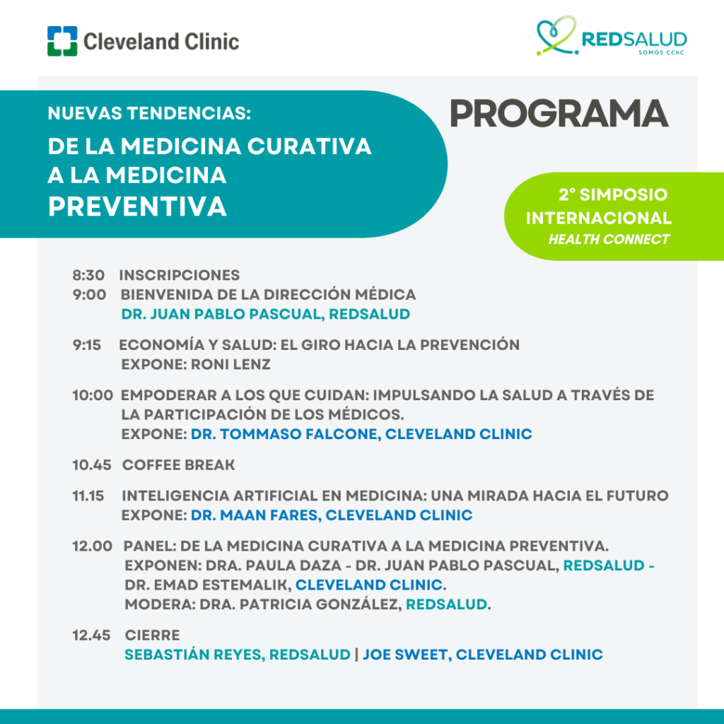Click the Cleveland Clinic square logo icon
(62, 41)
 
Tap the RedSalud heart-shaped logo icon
(557, 35)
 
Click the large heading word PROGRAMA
(559, 114)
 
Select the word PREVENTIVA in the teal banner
(137, 206)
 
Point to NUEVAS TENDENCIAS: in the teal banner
(149, 113)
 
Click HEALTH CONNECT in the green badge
(609, 239)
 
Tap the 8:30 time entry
(88, 275)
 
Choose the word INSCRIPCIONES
(180, 275)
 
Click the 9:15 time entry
(87, 345)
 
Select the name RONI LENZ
(231, 364)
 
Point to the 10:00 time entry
(93, 395)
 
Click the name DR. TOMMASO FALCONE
(286, 434)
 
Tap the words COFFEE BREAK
(179, 465)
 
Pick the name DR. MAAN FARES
(256, 515)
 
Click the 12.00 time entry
(93, 547)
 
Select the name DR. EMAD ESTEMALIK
(209, 585)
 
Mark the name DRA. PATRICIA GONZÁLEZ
(300, 605)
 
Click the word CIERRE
(153, 636)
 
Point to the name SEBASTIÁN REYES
(195, 655)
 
